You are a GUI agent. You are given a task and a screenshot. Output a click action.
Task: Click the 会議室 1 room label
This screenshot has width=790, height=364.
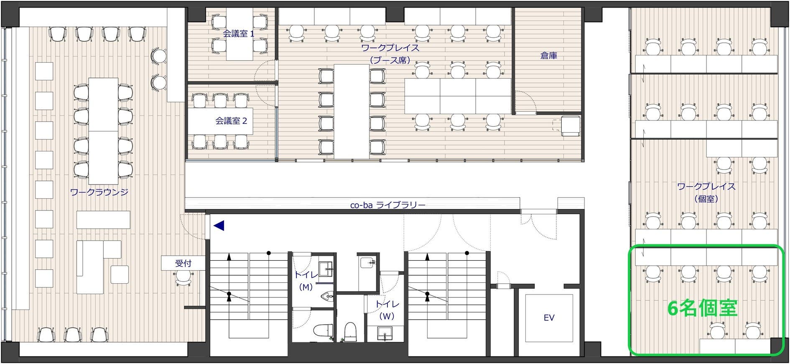coord(238,34)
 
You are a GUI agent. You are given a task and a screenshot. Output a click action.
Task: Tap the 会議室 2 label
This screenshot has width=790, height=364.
coord(231,121)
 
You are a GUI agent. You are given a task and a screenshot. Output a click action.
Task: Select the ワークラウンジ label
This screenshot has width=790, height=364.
coord(99,192)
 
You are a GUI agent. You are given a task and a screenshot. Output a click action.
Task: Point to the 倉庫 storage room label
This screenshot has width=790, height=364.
coord(548,55)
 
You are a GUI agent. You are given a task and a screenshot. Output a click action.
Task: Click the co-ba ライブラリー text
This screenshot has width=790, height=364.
coord(387,205)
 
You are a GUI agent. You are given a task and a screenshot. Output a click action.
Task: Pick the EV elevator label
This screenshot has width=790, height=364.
coord(549,318)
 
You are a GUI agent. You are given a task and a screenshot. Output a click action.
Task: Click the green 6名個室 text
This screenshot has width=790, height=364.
coord(702,308)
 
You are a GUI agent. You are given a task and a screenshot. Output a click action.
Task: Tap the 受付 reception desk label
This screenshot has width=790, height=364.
coord(183,263)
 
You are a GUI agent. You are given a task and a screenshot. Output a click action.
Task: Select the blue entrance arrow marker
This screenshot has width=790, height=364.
coord(219,226)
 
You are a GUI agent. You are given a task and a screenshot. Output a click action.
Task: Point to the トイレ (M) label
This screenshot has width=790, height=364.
coord(306,281)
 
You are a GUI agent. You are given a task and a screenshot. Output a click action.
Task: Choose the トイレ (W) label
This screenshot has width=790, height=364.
coord(387,310)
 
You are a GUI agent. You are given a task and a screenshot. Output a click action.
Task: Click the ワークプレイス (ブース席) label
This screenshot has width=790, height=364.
coord(390,54)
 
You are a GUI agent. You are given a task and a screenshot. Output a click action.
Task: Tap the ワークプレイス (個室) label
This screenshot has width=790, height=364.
coord(706,192)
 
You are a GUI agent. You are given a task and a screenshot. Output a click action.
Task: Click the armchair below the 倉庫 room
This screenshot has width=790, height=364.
coord(570,126)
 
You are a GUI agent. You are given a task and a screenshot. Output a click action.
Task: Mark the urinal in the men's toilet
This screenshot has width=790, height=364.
coord(326,297)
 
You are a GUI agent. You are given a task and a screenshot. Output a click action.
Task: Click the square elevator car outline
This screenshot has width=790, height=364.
coord(549,318)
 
